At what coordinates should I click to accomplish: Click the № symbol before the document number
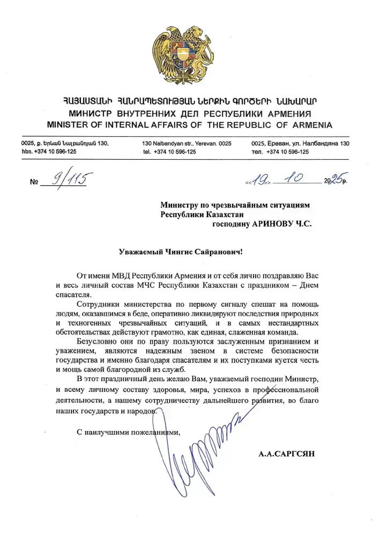35,182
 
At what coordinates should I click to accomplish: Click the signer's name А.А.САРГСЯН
287,453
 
